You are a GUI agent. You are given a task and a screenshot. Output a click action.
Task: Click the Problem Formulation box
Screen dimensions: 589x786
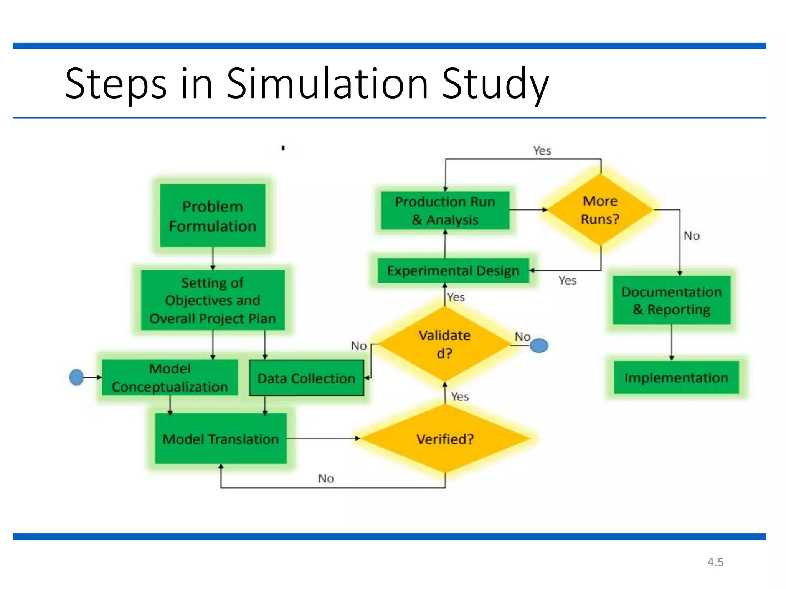pyautogui.click(x=213, y=216)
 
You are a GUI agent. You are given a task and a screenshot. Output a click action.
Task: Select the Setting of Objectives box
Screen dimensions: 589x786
pyautogui.click(x=213, y=300)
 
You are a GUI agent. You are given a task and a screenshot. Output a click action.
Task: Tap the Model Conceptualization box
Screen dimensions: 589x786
pyautogui.click(x=170, y=378)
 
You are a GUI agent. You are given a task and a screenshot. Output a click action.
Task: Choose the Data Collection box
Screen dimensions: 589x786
pyautogui.click(x=306, y=378)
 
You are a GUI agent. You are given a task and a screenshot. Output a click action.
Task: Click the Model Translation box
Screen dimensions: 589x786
pyautogui.click(x=221, y=439)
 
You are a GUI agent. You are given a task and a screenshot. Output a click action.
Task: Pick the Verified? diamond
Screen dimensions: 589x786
pyautogui.click(x=445, y=439)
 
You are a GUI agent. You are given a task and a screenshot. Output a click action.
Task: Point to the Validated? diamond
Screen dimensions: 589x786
pyautogui.click(x=444, y=344)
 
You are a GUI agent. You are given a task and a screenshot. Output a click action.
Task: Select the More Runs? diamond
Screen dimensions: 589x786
pyautogui.click(x=600, y=210)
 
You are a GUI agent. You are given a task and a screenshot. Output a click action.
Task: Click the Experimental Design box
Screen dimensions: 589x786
pyautogui.click(x=453, y=271)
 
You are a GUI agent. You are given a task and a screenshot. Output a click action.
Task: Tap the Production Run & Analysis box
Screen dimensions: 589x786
pyautogui.click(x=445, y=211)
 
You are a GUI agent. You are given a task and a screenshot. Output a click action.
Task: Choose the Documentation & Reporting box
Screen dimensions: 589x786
pyautogui.click(x=672, y=300)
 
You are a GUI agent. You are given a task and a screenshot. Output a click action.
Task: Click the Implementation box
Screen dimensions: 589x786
pyautogui.click(x=676, y=378)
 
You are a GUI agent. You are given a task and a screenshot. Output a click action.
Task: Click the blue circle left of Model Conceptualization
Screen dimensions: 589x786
pyautogui.click(x=76, y=377)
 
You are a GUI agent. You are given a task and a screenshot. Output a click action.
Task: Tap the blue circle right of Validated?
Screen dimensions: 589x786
pyautogui.click(x=539, y=346)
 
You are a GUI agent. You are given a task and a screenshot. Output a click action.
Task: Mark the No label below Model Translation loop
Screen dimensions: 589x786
pyautogui.click(x=326, y=479)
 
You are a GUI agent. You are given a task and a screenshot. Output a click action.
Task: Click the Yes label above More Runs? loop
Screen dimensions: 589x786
pyautogui.click(x=542, y=151)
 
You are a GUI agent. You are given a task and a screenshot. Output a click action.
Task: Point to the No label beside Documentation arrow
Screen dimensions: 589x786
pyautogui.click(x=692, y=235)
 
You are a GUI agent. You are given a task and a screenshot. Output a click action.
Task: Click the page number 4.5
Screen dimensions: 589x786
pyautogui.click(x=715, y=562)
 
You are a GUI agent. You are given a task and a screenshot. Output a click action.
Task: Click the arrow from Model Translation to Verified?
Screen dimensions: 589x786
pyautogui.click(x=322, y=438)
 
